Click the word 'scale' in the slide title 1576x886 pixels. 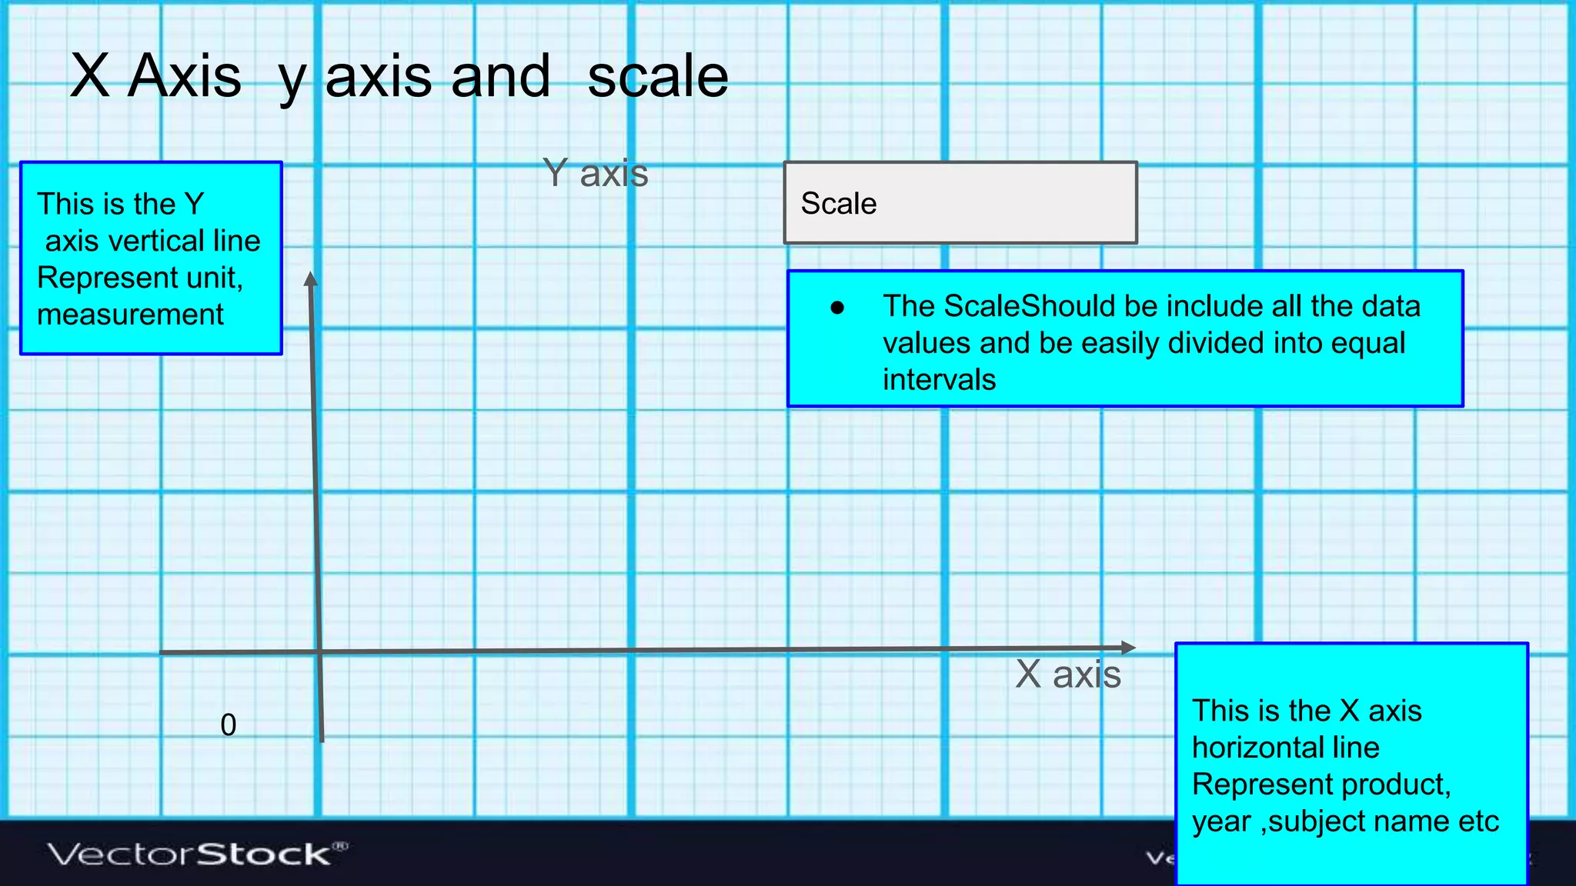[x=657, y=77]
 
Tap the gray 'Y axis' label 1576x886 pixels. [x=595, y=173]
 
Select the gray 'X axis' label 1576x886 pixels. [x=1067, y=674]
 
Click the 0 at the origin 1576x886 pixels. [x=229, y=725]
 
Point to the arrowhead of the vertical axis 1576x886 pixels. [x=311, y=278]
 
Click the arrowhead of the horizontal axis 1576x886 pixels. [x=1128, y=648]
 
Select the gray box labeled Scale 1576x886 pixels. [x=960, y=203]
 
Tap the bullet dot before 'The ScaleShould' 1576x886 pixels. [x=837, y=308]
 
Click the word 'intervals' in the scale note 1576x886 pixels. [x=939, y=380]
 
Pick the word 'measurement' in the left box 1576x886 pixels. [x=130, y=315]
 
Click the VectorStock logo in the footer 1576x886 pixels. [x=197, y=854]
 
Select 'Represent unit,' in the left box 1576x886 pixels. [x=140, y=278]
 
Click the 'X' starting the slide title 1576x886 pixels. [x=89, y=77]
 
